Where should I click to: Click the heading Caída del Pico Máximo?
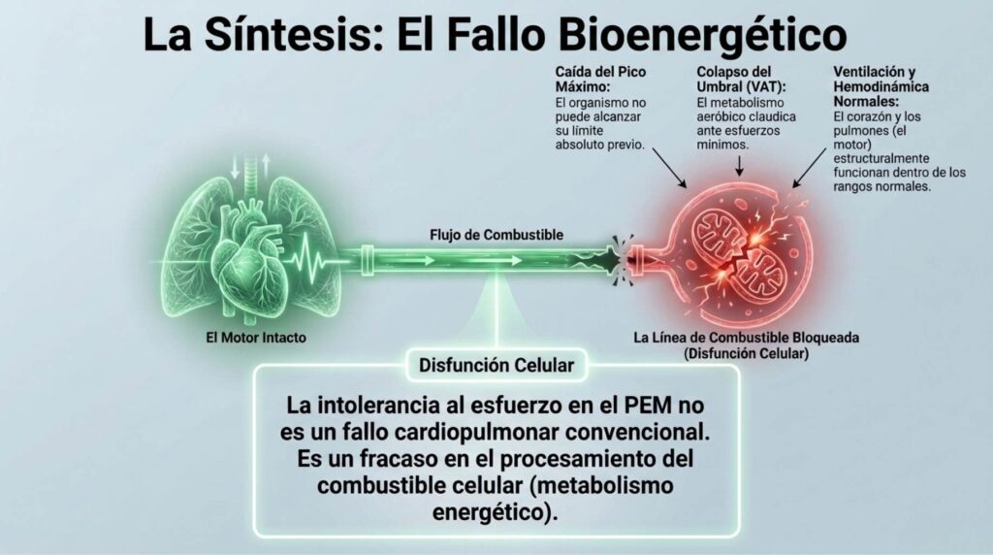pos(600,80)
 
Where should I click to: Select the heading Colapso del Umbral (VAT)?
pos(741,80)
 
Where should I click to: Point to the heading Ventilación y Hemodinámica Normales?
pos(881,86)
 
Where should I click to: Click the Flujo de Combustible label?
pos(496,235)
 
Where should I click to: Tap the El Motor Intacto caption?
pos(256,338)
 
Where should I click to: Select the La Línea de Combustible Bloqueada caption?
pos(746,338)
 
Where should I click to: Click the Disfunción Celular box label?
pos(496,366)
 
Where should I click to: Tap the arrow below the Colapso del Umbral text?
pos(739,165)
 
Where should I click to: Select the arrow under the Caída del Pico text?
pos(669,168)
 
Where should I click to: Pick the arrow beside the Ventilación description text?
pos(810,168)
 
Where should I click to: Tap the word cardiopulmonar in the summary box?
pos(476,432)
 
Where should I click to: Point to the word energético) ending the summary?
pos(496,512)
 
